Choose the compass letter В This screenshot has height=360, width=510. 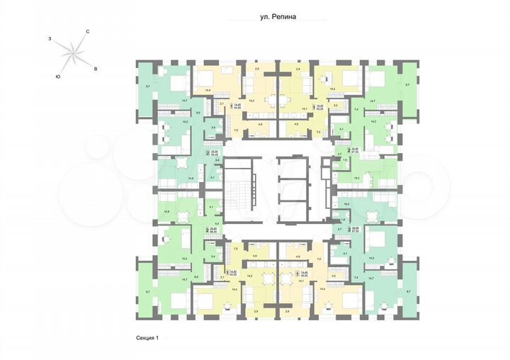pyautogui.click(x=95, y=69)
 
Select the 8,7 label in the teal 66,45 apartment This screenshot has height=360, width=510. pyautogui.click(x=148, y=86)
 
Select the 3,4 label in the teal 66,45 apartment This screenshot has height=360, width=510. pyautogui.click(x=214, y=128)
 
